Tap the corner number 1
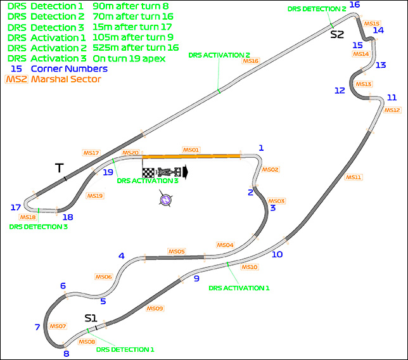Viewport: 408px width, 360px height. pyautogui.click(x=260, y=148)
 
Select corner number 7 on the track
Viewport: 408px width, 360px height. pyautogui.click(x=37, y=327)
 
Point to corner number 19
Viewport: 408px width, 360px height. pyautogui.click(x=108, y=172)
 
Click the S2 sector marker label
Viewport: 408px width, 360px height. pyautogui.click(x=337, y=34)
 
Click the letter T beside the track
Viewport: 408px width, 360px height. pyautogui.click(x=59, y=168)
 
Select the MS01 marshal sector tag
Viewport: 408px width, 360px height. pyautogui.click(x=191, y=150)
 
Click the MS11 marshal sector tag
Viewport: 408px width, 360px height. pyautogui.click(x=354, y=177)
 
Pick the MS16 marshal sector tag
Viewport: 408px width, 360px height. pyautogui.click(x=250, y=61)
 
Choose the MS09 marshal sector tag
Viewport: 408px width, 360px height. pyautogui.click(x=155, y=309)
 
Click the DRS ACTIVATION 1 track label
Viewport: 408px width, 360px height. pyautogui.click(x=239, y=288)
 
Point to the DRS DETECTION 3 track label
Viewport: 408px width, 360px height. pyautogui.click(x=39, y=226)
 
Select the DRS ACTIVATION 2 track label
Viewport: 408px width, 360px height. pyautogui.click(x=219, y=55)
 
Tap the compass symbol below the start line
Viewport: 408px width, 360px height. pyautogui.click(x=165, y=200)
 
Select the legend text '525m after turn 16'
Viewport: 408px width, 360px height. pyautogui.click(x=139, y=48)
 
